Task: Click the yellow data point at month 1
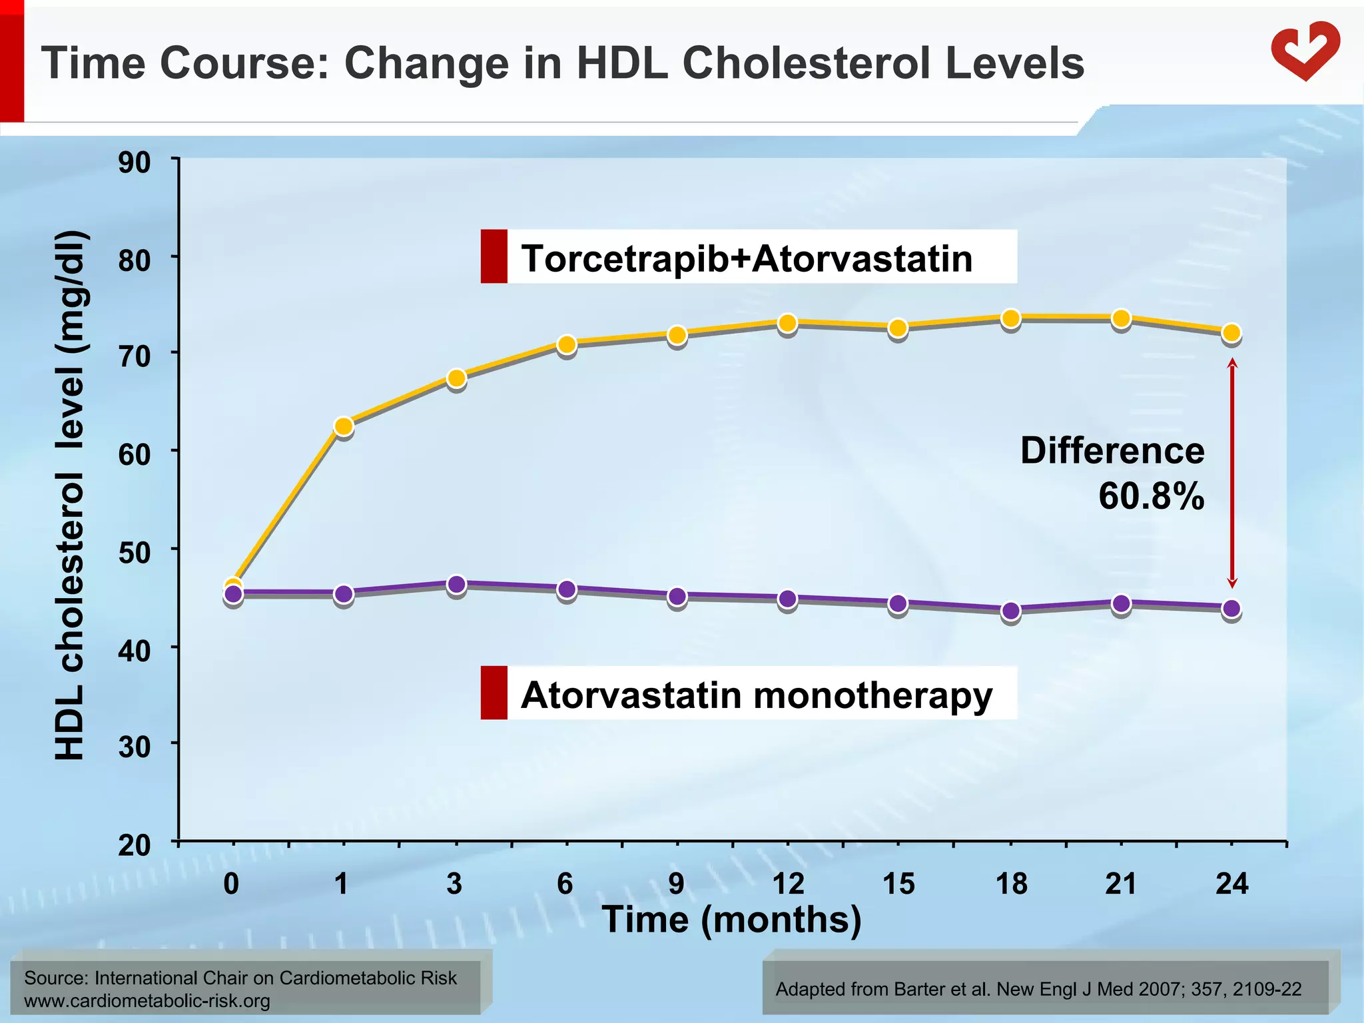(x=343, y=426)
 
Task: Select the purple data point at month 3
(x=456, y=585)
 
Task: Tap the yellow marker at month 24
(x=1231, y=332)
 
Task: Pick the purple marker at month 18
(x=1010, y=610)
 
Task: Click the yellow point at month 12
(x=787, y=323)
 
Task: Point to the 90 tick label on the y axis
(x=135, y=163)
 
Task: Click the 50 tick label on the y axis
(x=135, y=552)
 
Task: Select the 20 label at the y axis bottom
(x=135, y=846)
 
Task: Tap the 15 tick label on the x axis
(x=898, y=884)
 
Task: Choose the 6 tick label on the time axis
(x=565, y=884)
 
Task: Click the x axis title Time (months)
(x=731, y=920)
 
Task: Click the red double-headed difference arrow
(x=1232, y=473)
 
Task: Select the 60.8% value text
(x=1151, y=496)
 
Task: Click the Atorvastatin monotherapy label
(x=756, y=695)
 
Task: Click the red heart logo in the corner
(x=1305, y=51)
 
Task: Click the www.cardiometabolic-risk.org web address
(x=147, y=1001)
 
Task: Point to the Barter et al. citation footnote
(x=1038, y=989)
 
